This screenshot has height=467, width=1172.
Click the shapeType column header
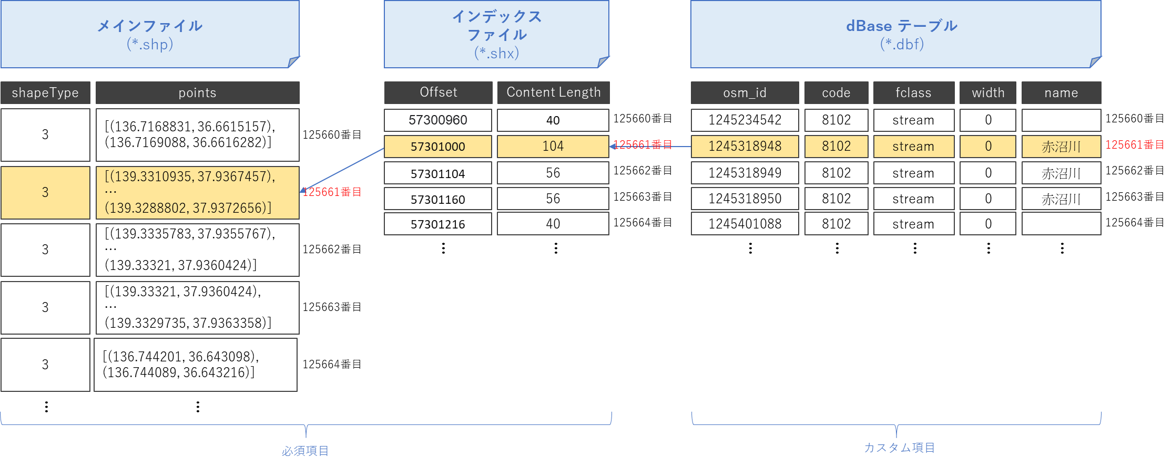pyautogui.click(x=45, y=93)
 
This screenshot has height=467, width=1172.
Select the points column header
pyautogui.click(x=197, y=93)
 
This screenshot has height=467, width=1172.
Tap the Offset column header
pyautogui.click(x=438, y=92)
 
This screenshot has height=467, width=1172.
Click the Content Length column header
pyautogui.click(x=553, y=92)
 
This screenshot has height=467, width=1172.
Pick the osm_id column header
pyautogui.click(x=745, y=93)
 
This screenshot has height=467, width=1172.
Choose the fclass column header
pyautogui.click(x=913, y=93)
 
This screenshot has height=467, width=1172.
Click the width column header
pyautogui.click(x=988, y=93)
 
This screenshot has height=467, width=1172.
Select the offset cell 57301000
pyautogui.click(x=438, y=147)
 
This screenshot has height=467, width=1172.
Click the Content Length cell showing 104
pyautogui.click(x=553, y=147)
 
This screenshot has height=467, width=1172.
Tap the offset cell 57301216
pyautogui.click(x=438, y=224)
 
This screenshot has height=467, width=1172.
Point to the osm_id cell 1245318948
pyautogui.click(x=745, y=147)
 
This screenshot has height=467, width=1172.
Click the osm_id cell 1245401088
pyautogui.click(x=745, y=224)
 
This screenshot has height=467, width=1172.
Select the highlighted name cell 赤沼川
pyautogui.click(x=1061, y=147)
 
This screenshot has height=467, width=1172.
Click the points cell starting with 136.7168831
pyautogui.click(x=197, y=134)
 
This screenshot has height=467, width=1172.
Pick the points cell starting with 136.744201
pyautogui.click(x=196, y=365)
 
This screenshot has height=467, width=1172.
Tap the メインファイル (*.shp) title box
pyautogui.click(x=150, y=34)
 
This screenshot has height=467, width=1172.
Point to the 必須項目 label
pyautogui.click(x=305, y=451)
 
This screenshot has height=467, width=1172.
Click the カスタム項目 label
pyautogui.click(x=899, y=448)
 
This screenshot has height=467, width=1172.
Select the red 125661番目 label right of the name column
pyautogui.click(x=1135, y=145)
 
